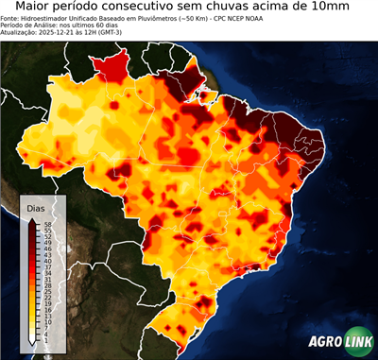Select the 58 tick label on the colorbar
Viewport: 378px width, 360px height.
click(45, 224)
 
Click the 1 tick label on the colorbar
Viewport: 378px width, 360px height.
click(45, 339)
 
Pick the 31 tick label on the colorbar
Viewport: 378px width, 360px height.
click(45, 279)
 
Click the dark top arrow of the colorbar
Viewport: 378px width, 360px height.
click(31, 219)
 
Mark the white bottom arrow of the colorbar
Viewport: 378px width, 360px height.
click(31, 339)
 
